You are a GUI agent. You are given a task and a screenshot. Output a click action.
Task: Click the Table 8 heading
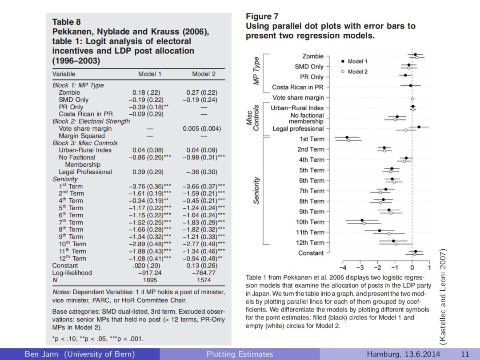click(x=67, y=22)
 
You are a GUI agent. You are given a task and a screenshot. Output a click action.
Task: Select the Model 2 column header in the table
click(x=204, y=74)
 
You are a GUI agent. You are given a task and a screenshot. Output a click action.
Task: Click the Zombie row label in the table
click(x=69, y=92)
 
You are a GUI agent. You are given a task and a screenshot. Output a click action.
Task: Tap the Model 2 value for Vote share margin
click(x=202, y=128)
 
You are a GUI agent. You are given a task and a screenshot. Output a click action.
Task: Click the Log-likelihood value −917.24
click(x=150, y=273)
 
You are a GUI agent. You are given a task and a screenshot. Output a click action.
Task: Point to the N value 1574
click(x=204, y=280)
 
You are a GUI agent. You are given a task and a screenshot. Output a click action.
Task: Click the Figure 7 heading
click(x=262, y=16)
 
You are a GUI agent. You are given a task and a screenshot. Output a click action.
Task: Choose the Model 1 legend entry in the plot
click(x=357, y=61)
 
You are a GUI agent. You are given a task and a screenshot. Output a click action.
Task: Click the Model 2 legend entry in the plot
click(x=357, y=72)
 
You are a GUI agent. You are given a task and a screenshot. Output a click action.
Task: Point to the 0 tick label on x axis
click(x=412, y=268)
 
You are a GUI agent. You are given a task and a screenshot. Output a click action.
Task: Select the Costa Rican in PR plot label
click(x=298, y=87)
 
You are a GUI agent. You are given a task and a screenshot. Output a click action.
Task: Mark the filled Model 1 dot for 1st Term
click(x=347, y=137)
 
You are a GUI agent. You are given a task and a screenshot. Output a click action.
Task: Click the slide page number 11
click(x=465, y=354)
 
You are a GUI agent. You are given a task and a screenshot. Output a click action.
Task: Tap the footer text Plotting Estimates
click(x=240, y=354)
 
